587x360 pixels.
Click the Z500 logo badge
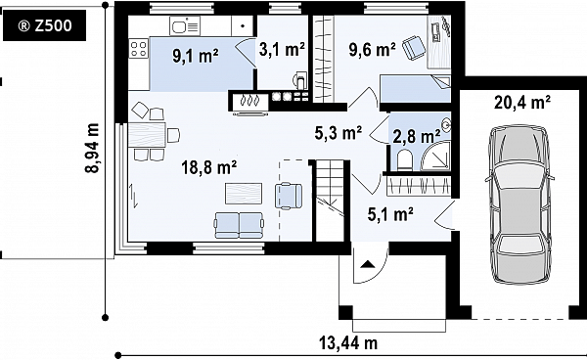tap(44, 25)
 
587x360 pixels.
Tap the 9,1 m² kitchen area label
tap(196, 56)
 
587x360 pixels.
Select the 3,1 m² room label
tap(282, 49)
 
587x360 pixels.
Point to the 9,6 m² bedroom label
tap(372, 50)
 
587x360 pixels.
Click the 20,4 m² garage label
tap(522, 102)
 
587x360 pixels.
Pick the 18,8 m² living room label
tap(209, 167)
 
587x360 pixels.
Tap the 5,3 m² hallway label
tap(339, 132)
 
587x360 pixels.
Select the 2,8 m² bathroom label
tap(416, 137)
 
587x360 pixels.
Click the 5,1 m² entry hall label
tap(390, 214)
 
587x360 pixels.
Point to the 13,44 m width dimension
tap(348, 342)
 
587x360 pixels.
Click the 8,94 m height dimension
tap(92, 148)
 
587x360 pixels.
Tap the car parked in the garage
tap(519, 204)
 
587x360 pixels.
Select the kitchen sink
tap(185, 25)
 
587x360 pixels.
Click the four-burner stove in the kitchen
tap(139, 49)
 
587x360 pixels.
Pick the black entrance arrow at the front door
tap(368, 264)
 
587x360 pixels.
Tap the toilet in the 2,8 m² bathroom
tap(404, 159)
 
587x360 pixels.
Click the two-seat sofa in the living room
tap(239, 225)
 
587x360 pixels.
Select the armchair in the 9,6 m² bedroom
tap(414, 47)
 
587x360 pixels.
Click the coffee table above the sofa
tap(244, 194)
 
